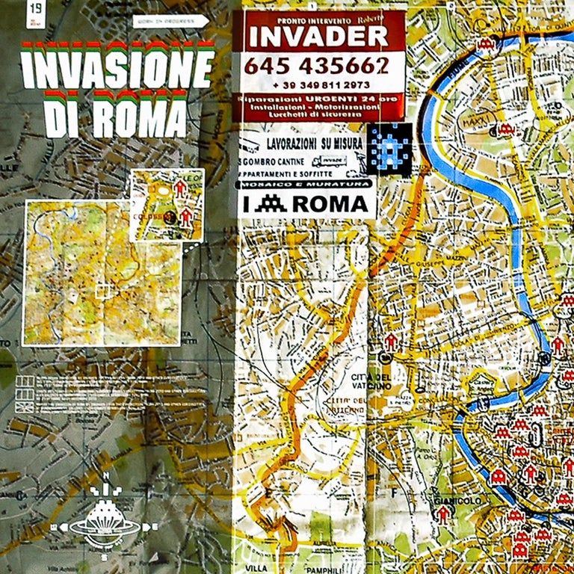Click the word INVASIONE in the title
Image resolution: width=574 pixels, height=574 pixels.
pyautogui.click(x=118, y=67)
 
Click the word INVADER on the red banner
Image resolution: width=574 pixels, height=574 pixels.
pyautogui.click(x=318, y=36)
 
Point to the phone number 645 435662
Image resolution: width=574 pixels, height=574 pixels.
pyautogui.click(x=317, y=67)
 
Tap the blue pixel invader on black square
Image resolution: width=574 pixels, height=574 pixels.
pyautogui.click(x=392, y=148)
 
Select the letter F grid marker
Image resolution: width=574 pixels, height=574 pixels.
pyautogui.click(x=391, y=493)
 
